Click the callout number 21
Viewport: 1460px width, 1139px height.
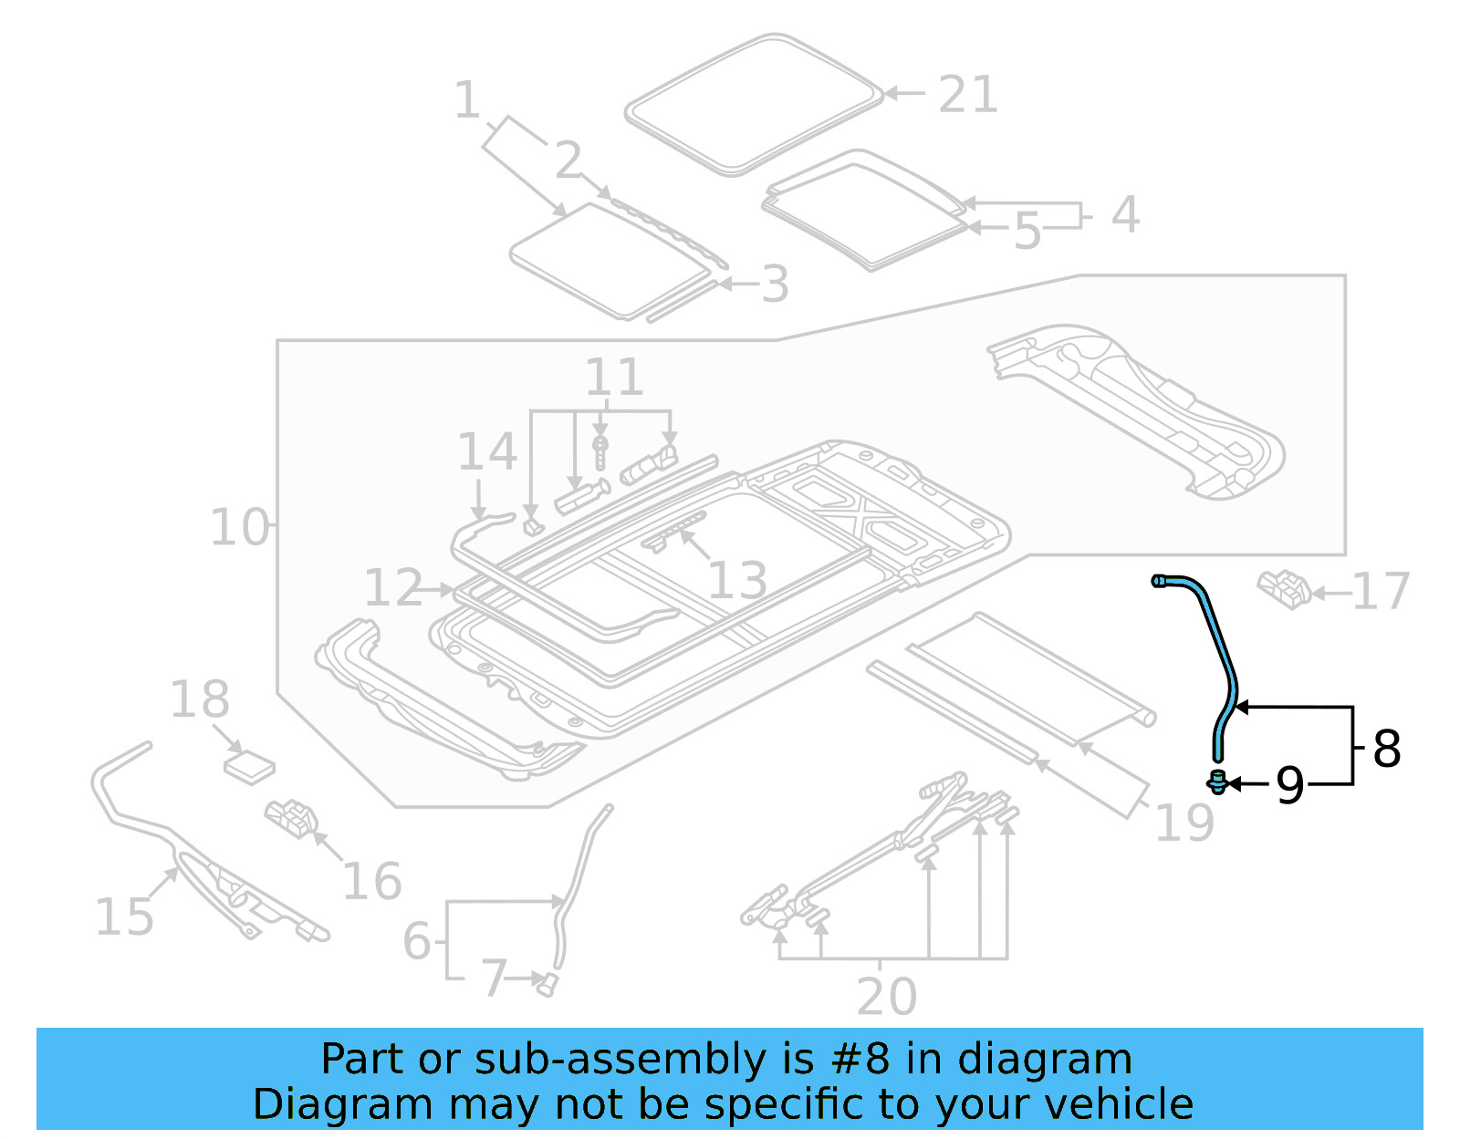[968, 95]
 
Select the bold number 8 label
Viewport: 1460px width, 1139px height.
[1386, 749]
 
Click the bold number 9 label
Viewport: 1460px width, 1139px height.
[1289, 784]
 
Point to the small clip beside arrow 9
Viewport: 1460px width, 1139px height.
[1217, 782]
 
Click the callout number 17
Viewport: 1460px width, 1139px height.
[1381, 592]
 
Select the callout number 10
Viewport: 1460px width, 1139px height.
[240, 527]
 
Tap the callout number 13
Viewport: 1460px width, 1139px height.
[737, 580]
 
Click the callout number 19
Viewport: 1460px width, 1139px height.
[1184, 823]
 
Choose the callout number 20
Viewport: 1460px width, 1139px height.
[886, 996]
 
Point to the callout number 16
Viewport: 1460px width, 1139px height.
[371, 881]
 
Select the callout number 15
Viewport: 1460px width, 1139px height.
[125, 916]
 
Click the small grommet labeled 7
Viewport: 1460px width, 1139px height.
[547, 985]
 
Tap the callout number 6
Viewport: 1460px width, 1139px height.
[416, 940]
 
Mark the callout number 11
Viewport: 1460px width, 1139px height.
[614, 377]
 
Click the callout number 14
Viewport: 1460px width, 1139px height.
[486, 452]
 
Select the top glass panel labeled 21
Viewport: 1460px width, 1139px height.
[753, 105]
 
